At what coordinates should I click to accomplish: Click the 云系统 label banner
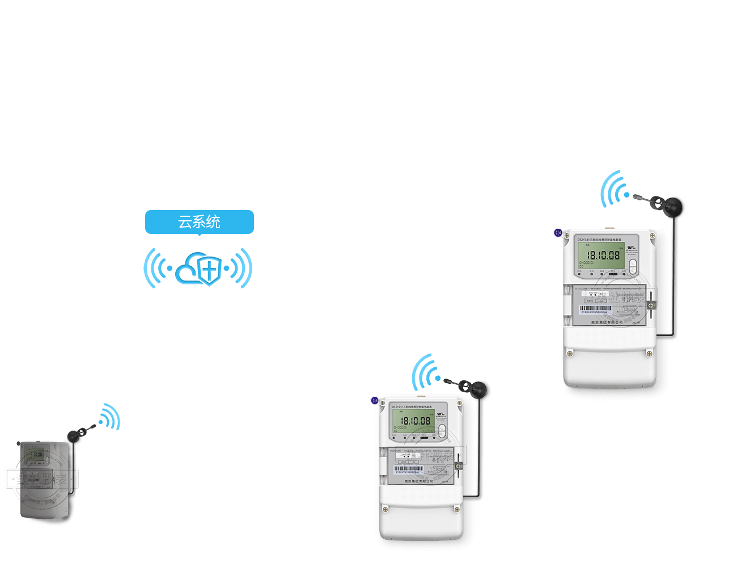199,221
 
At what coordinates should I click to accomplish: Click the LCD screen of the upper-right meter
601,255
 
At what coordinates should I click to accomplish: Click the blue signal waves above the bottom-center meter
426,372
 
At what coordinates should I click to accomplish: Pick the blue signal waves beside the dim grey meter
110,417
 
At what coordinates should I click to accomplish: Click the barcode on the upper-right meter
596,309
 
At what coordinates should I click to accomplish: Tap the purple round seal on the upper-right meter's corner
558,233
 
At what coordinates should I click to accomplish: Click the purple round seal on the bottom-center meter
375,401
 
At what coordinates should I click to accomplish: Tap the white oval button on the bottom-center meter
442,430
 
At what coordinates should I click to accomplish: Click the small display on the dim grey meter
36,454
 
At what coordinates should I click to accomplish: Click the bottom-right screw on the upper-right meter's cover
650,354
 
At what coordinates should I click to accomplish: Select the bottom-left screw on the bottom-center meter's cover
386,509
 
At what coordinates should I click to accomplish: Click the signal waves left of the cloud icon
156,268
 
